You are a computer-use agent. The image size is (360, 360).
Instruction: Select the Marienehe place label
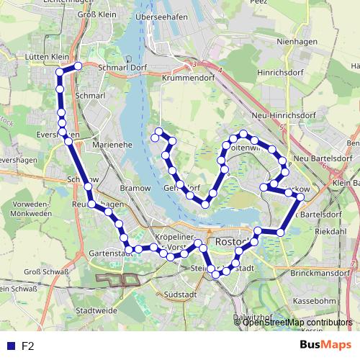coord(112,145)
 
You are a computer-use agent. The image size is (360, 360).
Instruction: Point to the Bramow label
coord(135,187)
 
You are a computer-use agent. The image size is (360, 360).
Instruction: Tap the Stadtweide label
coord(96,311)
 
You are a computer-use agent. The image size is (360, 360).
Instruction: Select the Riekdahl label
coord(330,232)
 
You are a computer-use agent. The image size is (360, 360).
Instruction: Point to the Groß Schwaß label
coord(47,271)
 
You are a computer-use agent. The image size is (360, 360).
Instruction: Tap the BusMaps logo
coord(326,345)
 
